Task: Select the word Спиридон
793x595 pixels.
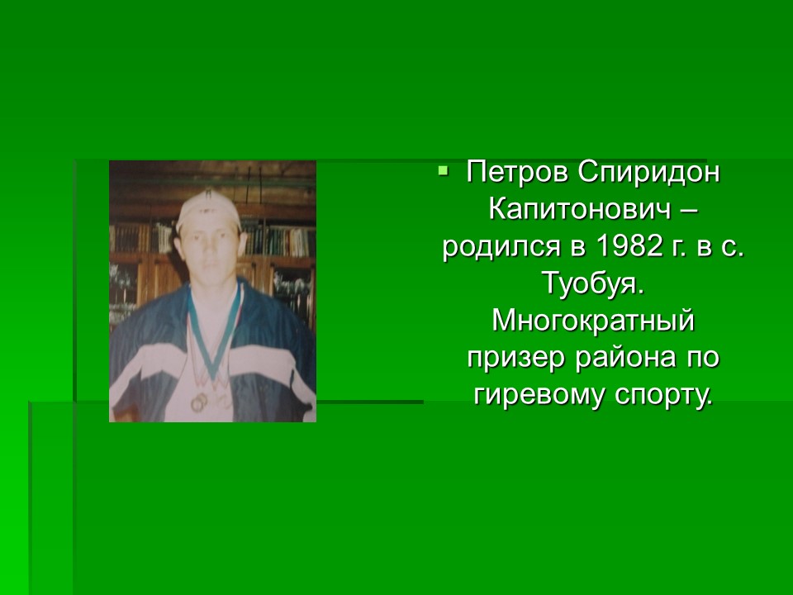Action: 649,173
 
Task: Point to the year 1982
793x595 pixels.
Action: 629,246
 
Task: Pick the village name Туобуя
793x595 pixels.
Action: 593,283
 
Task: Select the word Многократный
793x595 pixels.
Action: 593,321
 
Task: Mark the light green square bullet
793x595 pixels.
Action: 444,170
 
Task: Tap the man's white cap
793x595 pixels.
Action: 208,209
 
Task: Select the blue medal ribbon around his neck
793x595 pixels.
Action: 212,334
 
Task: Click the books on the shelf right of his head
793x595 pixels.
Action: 278,238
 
